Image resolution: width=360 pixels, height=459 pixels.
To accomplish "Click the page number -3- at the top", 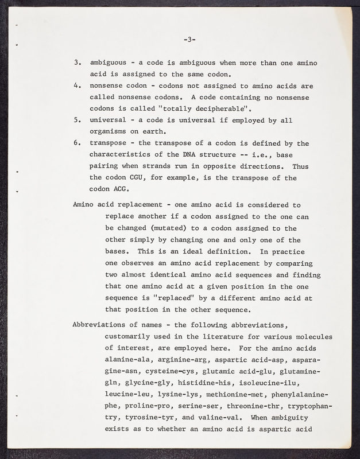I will point(190,40).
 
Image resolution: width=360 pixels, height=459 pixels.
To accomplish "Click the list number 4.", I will point(77,86).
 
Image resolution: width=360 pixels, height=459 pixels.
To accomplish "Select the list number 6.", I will point(77,143).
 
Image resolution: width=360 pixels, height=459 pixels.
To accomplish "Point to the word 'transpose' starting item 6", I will point(110,143).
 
